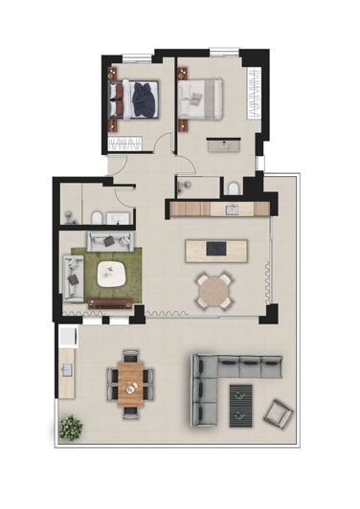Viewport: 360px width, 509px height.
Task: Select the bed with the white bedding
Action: tap(203, 97)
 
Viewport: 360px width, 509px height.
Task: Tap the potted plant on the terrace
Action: tap(69, 427)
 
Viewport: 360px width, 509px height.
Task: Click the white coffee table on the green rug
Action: tap(112, 272)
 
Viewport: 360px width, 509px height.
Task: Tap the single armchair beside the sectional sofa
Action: tap(278, 412)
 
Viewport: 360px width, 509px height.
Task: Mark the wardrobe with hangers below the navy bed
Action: tap(124, 144)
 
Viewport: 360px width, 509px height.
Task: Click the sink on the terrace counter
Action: tap(66, 366)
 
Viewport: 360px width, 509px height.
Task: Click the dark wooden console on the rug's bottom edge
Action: tap(110, 303)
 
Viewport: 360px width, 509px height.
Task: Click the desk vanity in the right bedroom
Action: tap(228, 144)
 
